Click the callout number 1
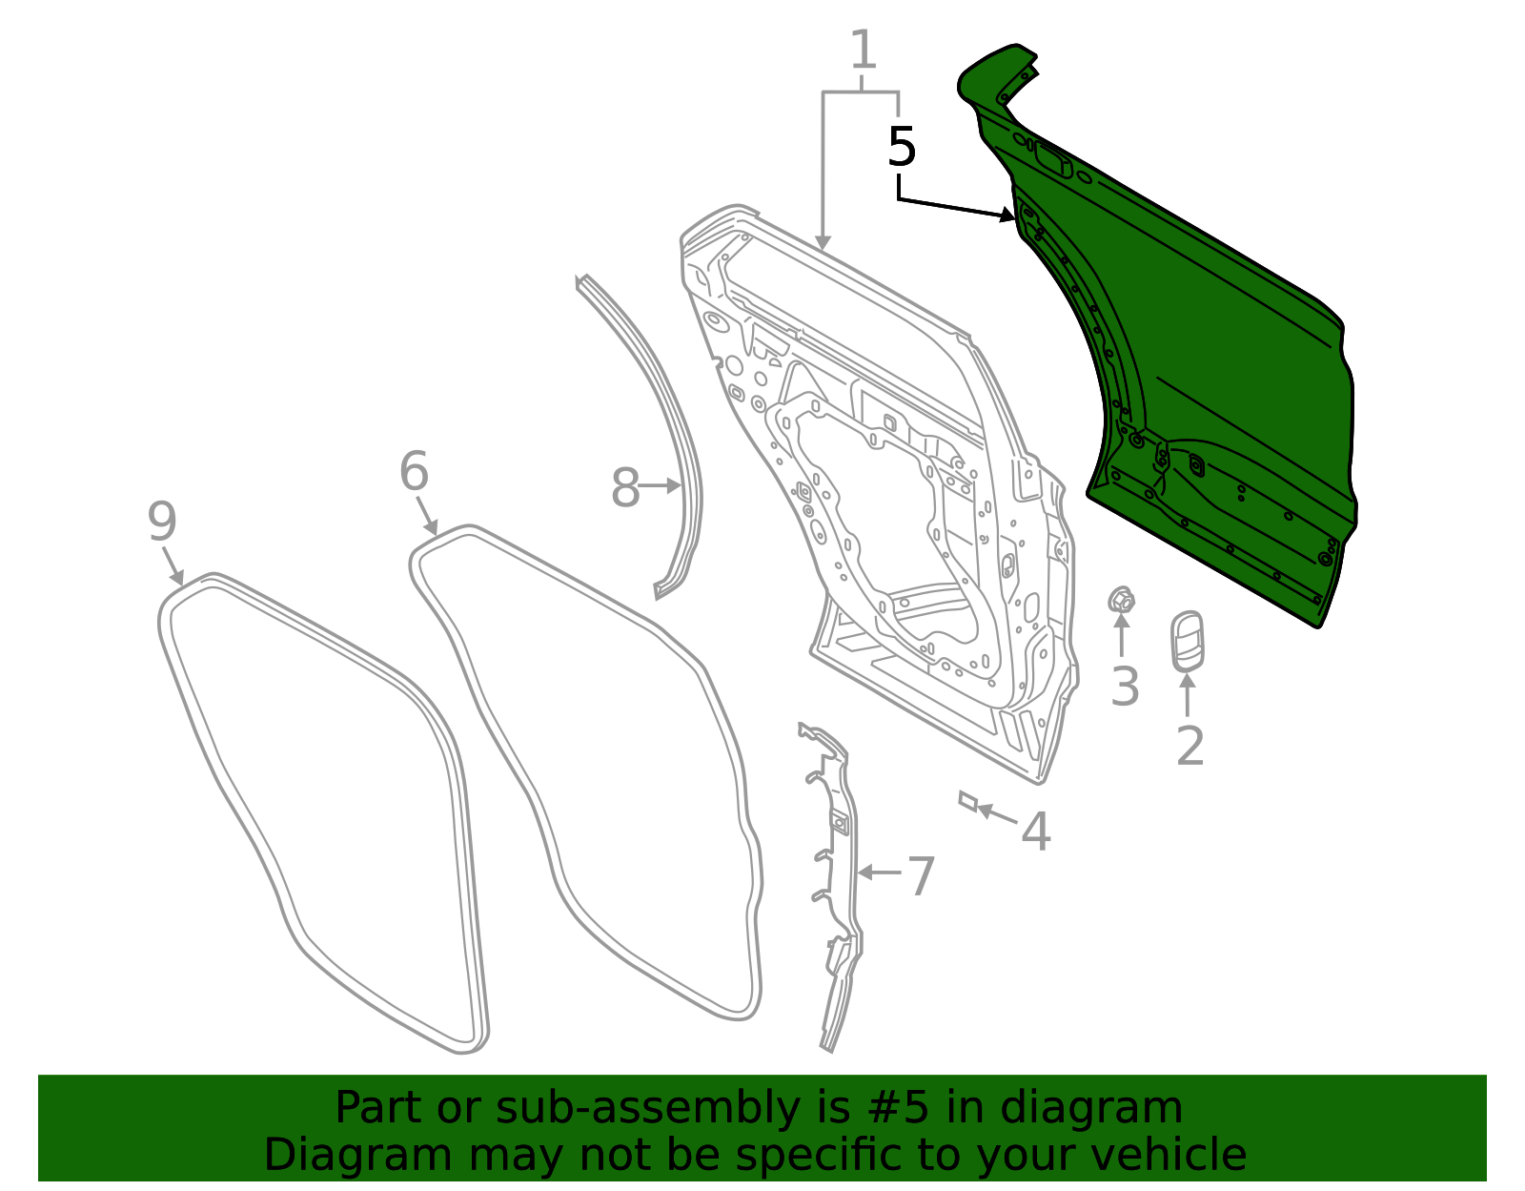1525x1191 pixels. coord(862,51)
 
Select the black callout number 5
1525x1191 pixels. coord(901,147)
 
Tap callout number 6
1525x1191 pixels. coord(414,471)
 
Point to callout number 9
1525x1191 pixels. coord(162,522)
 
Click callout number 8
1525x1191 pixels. coord(624,488)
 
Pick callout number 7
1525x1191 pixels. coord(920,876)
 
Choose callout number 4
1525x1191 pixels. coord(1035,832)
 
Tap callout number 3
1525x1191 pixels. coord(1125,687)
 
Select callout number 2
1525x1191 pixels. coord(1189,746)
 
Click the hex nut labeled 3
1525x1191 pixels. coord(1121,600)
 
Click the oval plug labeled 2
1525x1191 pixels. coord(1187,641)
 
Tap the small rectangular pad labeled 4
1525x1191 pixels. coord(967,799)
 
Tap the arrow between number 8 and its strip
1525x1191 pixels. coord(660,486)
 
